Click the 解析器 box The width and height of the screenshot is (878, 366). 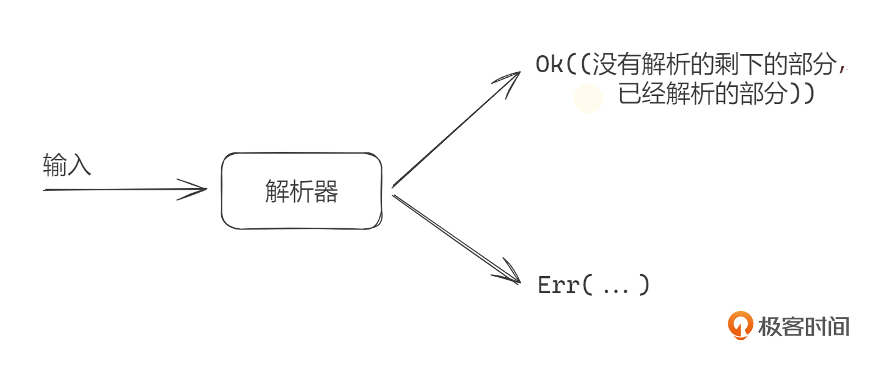click(301, 191)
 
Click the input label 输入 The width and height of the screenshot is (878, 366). click(67, 165)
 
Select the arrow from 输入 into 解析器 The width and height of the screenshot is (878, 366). click(122, 189)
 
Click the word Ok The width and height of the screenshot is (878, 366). click(549, 65)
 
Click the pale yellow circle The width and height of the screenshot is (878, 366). click(588, 99)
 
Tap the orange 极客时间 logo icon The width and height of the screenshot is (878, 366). click(740, 325)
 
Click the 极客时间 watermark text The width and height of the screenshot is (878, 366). click(803, 326)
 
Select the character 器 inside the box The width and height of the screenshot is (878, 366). click(327, 192)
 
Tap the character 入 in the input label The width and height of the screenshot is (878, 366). click(79, 165)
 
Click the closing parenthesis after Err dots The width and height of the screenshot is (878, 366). click(643, 286)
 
